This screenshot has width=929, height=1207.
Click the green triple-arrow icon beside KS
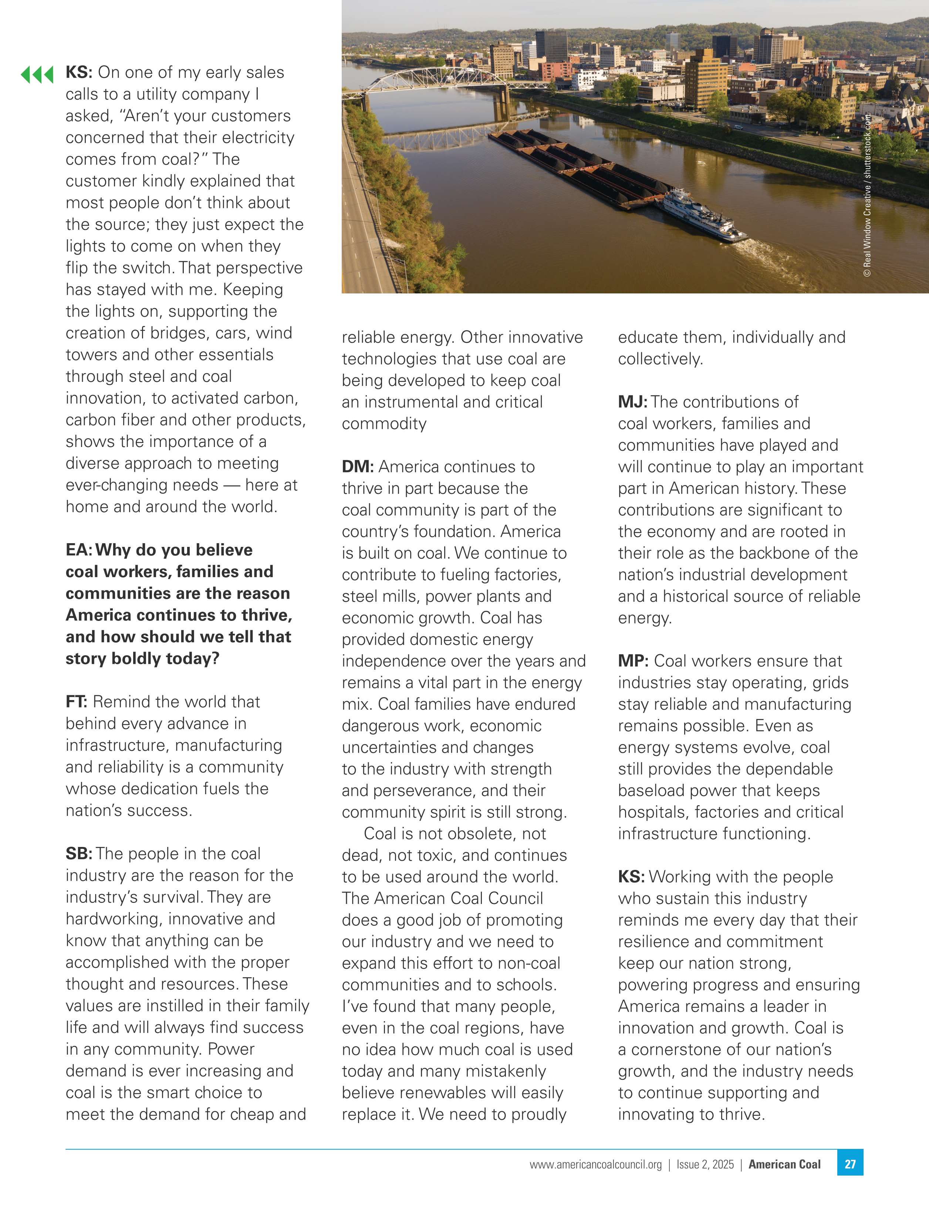(x=37, y=74)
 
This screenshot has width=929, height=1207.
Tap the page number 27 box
(x=850, y=1164)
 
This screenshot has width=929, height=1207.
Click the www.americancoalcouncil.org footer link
(x=595, y=1164)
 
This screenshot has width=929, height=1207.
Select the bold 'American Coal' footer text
(x=784, y=1164)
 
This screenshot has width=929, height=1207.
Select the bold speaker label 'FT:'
(x=76, y=702)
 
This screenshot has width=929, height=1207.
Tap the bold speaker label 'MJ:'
(x=632, y=402)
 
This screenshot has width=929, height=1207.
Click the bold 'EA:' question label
(x=80, y=550)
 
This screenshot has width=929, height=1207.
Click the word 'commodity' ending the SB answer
(x=384, y=424)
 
